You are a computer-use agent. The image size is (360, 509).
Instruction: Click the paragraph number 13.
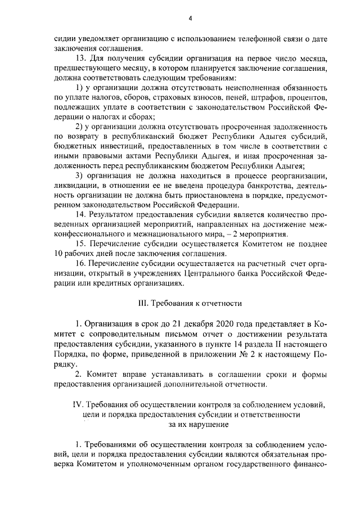pos(80,58)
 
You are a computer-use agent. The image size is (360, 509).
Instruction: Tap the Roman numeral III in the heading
pos(144,303)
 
